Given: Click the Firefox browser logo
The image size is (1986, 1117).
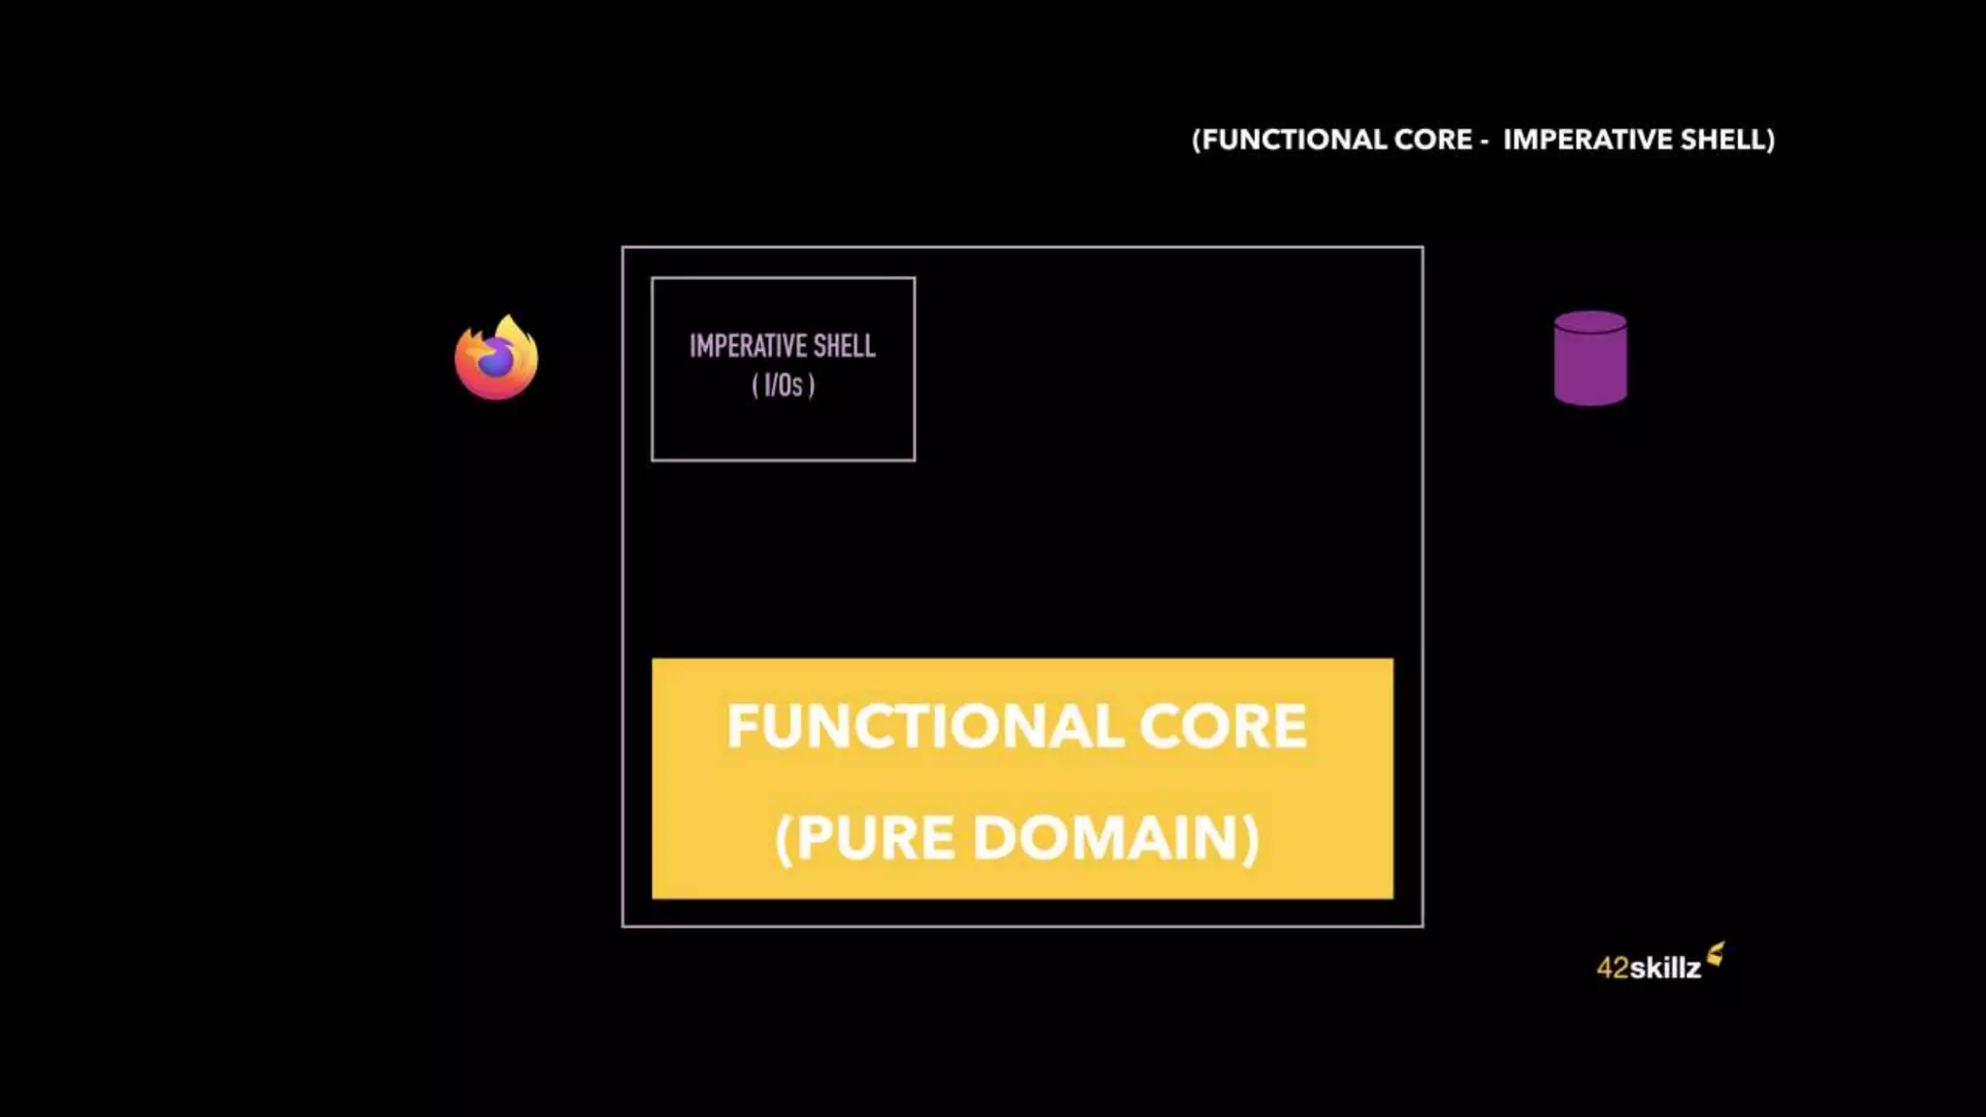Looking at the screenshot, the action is click(496, 358).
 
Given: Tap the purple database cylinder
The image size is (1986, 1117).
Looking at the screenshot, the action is click(1590, 359).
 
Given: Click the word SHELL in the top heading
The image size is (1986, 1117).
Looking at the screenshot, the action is click(1726, 140).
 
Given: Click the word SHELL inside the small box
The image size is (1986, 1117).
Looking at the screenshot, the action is click(845, 346).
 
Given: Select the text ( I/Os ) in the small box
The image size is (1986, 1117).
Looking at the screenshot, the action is click(784, 386).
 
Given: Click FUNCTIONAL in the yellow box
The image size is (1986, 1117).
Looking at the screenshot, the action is click(924, 726).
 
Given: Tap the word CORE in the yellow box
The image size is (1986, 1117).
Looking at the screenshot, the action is click(1223, 726).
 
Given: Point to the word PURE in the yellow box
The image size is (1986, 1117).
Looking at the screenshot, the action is click(875, 838).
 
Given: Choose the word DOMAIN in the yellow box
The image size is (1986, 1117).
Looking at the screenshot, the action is click(1108, 838).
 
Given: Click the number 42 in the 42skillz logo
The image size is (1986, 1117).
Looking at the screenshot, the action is click(1613, 968).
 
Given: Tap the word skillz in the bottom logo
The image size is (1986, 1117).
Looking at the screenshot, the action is click(1665, 968).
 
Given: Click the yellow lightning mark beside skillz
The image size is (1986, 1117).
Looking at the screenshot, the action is click(1715, 954).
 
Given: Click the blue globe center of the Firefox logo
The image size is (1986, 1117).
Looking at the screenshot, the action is click(496, 362).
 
